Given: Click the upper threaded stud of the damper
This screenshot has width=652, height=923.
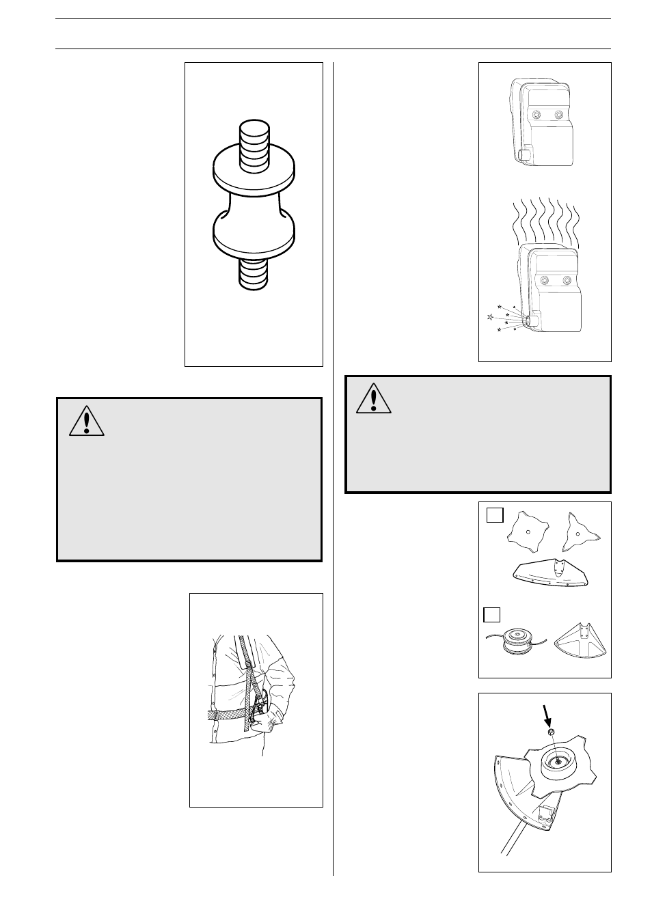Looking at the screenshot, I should (254, 139).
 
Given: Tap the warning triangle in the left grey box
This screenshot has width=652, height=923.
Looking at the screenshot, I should (87, 422).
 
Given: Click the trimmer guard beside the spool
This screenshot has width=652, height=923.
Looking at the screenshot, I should (581, 639).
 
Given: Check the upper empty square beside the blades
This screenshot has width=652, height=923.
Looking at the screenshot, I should (495, 515).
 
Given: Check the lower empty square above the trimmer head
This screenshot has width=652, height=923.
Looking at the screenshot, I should (492, 614).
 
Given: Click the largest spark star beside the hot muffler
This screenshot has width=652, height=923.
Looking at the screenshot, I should (489, 317).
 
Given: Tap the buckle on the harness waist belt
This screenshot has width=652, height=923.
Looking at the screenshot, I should (216, 715).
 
